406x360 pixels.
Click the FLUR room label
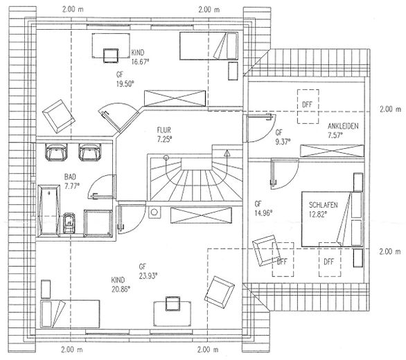(x=164, y=130)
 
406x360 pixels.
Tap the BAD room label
(x=70, y=177)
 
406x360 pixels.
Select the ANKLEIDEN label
(x=343, y=126)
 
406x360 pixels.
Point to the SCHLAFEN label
(x=323, y=205)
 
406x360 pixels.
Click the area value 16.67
(x=140, y=62)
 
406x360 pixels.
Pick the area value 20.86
(x=121, y=289)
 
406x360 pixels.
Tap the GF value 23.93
(x=148, y=276)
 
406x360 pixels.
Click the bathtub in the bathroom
(x=49, y=210)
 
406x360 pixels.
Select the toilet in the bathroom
(x=69, y=223)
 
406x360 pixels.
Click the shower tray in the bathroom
(x=98, y=224)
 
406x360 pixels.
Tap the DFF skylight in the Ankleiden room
(x=308, y=107)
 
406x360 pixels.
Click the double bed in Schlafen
(x=332, y=219)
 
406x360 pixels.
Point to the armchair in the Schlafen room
(x=265, y=250)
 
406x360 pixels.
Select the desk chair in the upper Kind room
(x=111, y=55)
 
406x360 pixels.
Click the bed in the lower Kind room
(x=70, y=314)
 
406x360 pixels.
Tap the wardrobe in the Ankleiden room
(x=332, y=151)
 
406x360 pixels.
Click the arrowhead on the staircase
(x=227, y=153)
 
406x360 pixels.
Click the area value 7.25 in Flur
(x=164, y=139)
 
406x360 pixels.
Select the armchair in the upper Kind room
(x=59, y=116)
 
